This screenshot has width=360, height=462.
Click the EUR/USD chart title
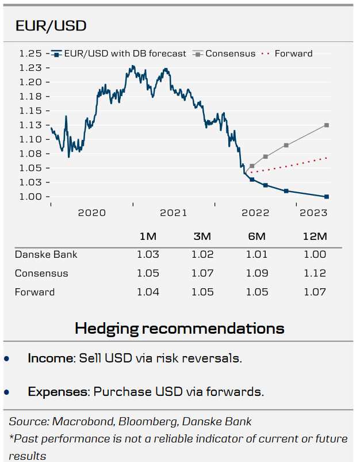tap(51, 26)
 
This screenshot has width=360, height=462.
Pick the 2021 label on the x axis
tap(173, 213)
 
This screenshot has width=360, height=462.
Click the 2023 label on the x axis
tap(313, 213)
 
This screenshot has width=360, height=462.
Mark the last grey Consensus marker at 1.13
tap(327, 125)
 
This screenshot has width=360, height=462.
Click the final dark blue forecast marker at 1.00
tap(327, 197)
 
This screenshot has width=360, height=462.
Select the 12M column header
tap(315, 236)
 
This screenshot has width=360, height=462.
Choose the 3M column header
tap(202, 236)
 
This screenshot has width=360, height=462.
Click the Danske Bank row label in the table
tap(46, 254)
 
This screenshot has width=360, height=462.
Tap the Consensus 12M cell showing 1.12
tap(315, 273)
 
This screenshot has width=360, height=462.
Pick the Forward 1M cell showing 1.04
tap(148, 292)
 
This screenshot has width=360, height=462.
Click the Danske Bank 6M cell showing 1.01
tap(256, 254)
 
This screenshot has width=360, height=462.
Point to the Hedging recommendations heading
tap(179, 328)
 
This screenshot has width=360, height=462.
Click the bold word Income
tap(51, 358)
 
